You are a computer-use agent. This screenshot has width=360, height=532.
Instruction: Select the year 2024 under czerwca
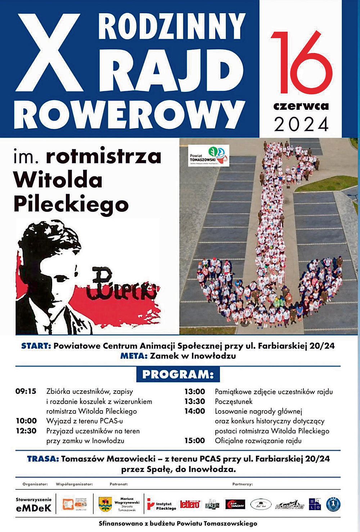click(x=301, y=124)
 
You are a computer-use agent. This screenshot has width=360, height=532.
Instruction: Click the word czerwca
click(x=301, y=106)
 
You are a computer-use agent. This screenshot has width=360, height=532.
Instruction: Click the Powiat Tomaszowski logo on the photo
click(x=208, y=155)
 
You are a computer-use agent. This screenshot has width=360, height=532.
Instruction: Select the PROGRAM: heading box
click(x=178, y=374)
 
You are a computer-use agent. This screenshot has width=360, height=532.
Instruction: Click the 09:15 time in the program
click(x=26, y=391)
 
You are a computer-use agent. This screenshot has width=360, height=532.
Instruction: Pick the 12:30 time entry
click(x=26, y=431)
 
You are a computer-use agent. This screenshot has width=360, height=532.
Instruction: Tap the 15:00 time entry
click(x=195, y=441)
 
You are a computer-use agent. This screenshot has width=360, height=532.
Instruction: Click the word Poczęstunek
click(x=234, y=401)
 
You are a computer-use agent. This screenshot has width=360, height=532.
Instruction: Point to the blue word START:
click(x=36, y=346)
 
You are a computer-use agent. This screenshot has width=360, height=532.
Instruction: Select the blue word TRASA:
click(x=43, y=459)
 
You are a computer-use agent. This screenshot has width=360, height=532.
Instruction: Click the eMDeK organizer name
click(x=33, y=508)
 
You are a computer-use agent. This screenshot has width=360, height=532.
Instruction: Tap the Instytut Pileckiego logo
click(x=162, y=505)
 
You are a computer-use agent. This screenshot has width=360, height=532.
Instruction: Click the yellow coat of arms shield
click(x=105, y=504)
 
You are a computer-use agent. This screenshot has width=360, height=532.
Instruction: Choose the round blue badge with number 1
click(x=333, y=504)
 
